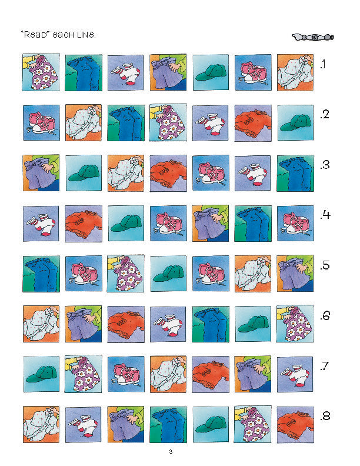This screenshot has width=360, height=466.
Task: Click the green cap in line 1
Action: [211, 72]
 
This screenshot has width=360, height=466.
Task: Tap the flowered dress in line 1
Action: [41, 72]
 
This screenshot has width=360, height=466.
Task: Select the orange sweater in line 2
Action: [253, 123]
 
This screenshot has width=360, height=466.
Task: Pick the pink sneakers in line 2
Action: [41, 123]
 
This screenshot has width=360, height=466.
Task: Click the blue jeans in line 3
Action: [295, 173]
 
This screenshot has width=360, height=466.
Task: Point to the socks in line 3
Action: [253, 173]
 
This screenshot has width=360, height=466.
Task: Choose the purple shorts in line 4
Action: [211, 223]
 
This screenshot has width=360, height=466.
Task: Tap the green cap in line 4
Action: [126, 223]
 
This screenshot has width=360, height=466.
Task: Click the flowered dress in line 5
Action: [126, 274]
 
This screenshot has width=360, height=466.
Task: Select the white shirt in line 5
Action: [253, 274]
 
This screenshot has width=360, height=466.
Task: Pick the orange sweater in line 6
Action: [126, 324]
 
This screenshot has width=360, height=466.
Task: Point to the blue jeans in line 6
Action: [211, 324]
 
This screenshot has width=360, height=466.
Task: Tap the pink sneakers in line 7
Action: [126, 374]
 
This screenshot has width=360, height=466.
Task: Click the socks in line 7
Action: [295, 374]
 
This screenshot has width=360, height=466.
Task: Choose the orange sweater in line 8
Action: [295, 425]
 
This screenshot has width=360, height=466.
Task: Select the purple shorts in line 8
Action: [126, 424]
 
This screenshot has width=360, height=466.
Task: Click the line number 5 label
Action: [325, 265]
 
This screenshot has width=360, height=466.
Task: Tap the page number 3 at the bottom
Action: [171, 452]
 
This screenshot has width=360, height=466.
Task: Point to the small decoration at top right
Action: [313, 37]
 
